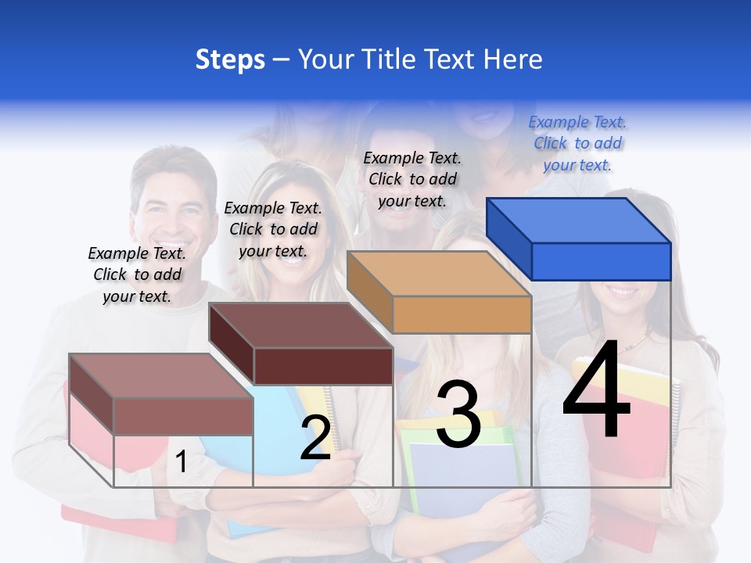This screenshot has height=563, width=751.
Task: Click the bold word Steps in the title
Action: (230, 59)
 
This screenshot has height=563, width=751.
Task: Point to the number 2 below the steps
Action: (315, 439)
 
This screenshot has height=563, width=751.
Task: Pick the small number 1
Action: (181, 462)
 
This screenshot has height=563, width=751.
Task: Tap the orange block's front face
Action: (462, 315)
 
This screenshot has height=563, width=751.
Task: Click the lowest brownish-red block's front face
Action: (183, 415)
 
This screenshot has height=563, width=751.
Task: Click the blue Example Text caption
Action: (577, 144)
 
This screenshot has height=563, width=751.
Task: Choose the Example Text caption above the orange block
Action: (412, 179)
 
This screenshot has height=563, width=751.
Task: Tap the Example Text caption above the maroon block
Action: (273, 229)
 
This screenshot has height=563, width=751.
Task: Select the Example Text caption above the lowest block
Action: (137, 274)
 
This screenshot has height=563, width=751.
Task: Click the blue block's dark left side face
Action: (508, 238)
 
